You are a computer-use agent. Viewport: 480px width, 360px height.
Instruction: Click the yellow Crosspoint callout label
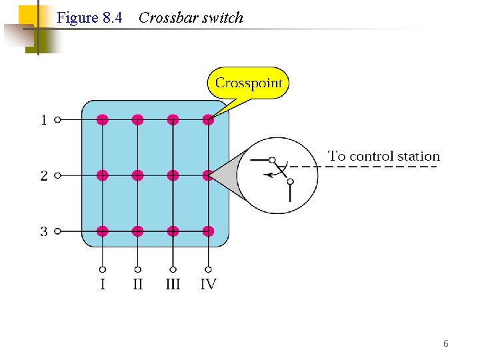tap(248, 83)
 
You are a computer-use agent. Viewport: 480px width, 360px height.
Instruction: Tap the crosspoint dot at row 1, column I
tap(102, 120)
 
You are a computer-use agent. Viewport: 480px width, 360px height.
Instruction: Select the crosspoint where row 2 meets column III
tap(173, 175)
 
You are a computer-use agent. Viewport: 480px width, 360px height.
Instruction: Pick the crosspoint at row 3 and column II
tap(137, 231)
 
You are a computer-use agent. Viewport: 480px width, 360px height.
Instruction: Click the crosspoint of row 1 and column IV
tap(208, 120)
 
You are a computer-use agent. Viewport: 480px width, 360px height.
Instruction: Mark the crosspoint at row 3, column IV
tap(208, 231)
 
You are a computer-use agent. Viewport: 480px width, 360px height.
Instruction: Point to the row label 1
tap(44, 121)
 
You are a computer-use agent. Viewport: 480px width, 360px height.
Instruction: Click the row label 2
tap(44, 176)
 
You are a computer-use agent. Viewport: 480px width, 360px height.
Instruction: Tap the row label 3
tap(44, 232)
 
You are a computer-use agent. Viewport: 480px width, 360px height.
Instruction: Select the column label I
tap(103, 285)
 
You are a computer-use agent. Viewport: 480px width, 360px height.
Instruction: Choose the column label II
tap(137, 285)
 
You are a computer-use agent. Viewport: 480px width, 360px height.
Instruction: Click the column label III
tap(173, 285)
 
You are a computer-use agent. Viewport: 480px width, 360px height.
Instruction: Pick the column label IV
tap(208, 285)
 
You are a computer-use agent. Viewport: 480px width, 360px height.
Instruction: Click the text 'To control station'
tap(384, 157)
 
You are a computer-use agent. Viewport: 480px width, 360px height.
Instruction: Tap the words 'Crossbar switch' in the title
tap(191, 18)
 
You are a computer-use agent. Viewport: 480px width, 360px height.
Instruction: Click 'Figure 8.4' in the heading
tap(89, 18)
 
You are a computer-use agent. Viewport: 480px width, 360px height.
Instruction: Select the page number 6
tap(445, 344)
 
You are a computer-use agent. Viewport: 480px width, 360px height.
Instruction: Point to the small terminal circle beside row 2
tap(58, 176)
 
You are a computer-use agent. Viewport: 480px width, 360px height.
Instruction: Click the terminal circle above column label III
tap(173, 269)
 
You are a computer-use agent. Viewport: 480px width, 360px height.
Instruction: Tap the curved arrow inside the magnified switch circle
tap(275, 173)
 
